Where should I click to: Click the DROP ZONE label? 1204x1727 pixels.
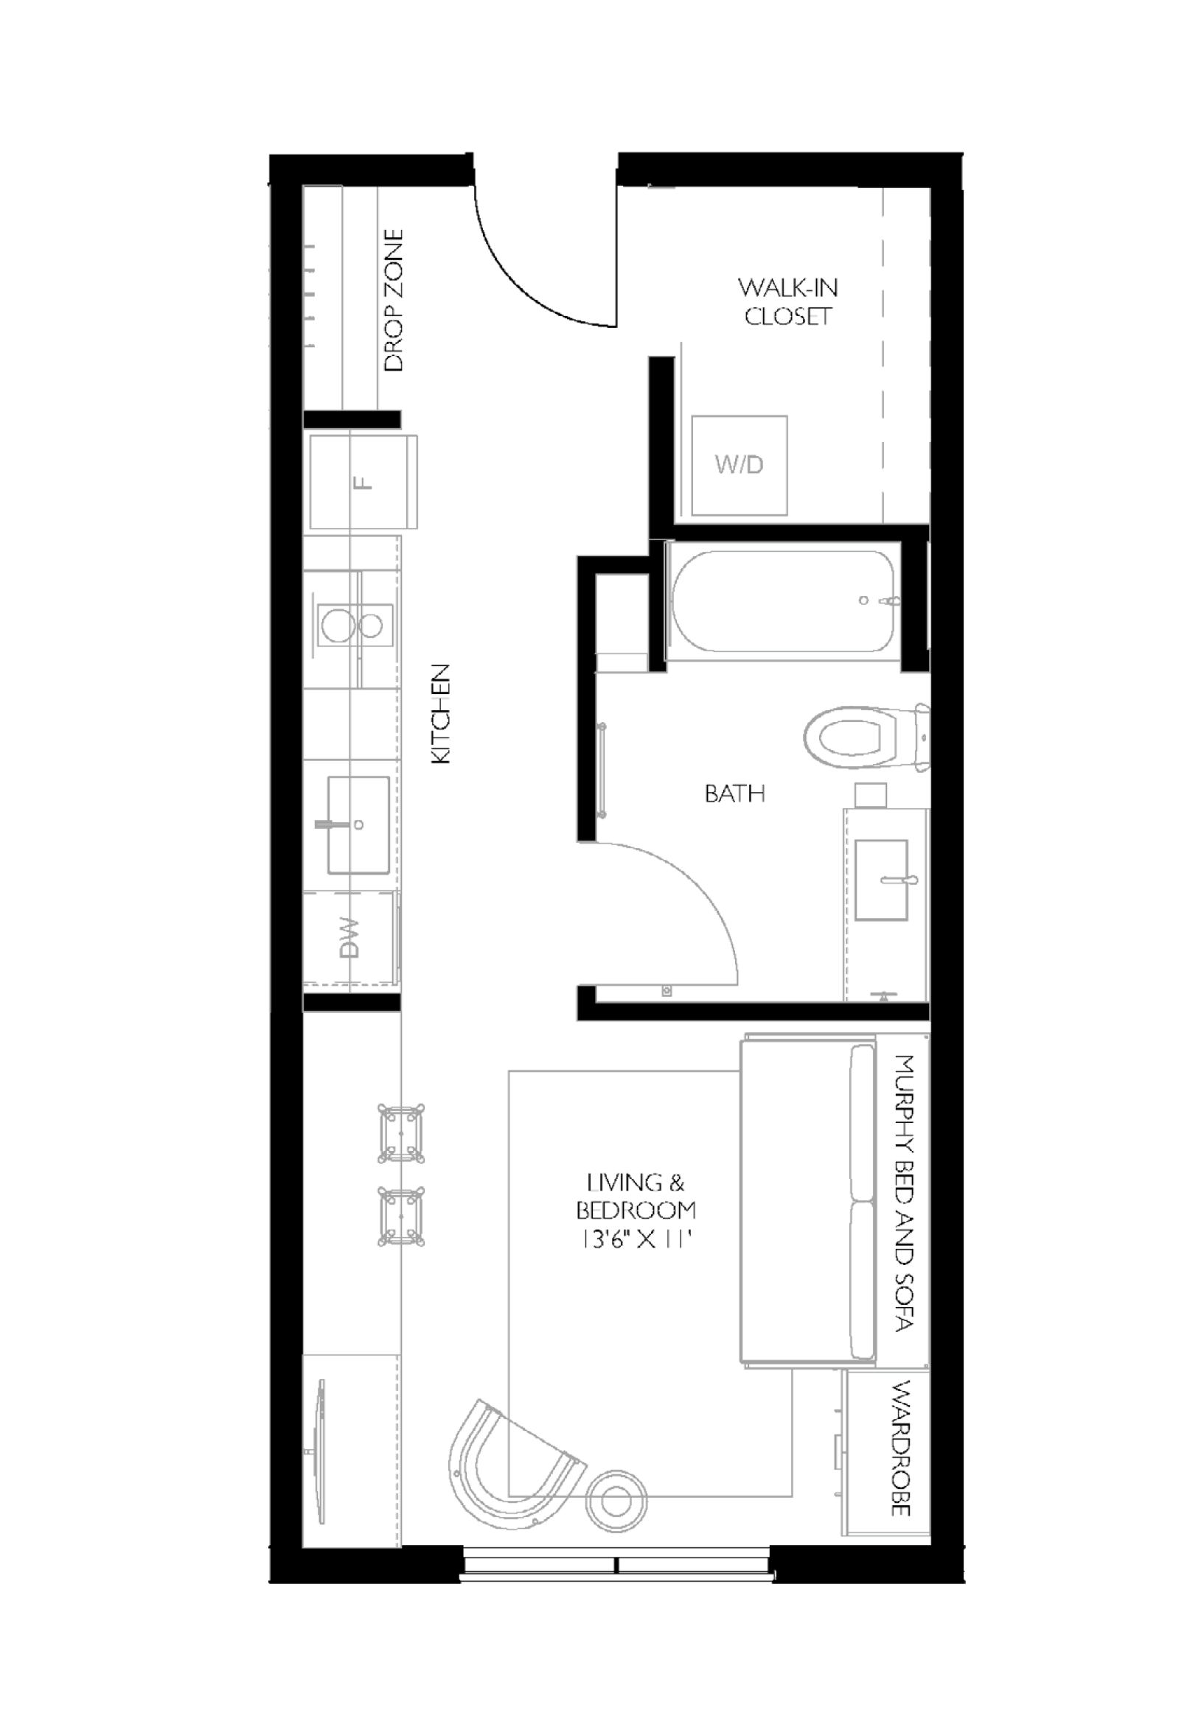[x=393, y=300]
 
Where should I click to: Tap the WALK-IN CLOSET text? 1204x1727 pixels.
[x=787, y=301]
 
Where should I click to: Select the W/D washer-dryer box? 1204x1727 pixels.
[x=739, y=465]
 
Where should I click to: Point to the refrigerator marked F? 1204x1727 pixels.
[x=363, y=481]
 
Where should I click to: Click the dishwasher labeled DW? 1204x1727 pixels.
[x=350, y=939]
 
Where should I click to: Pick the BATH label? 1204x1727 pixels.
[x=734, y=794]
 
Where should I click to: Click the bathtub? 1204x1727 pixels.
[x=782, y=602]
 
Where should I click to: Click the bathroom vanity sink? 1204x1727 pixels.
[x=881, y=879]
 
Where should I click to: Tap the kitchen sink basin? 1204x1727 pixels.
[x=358, y=825]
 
